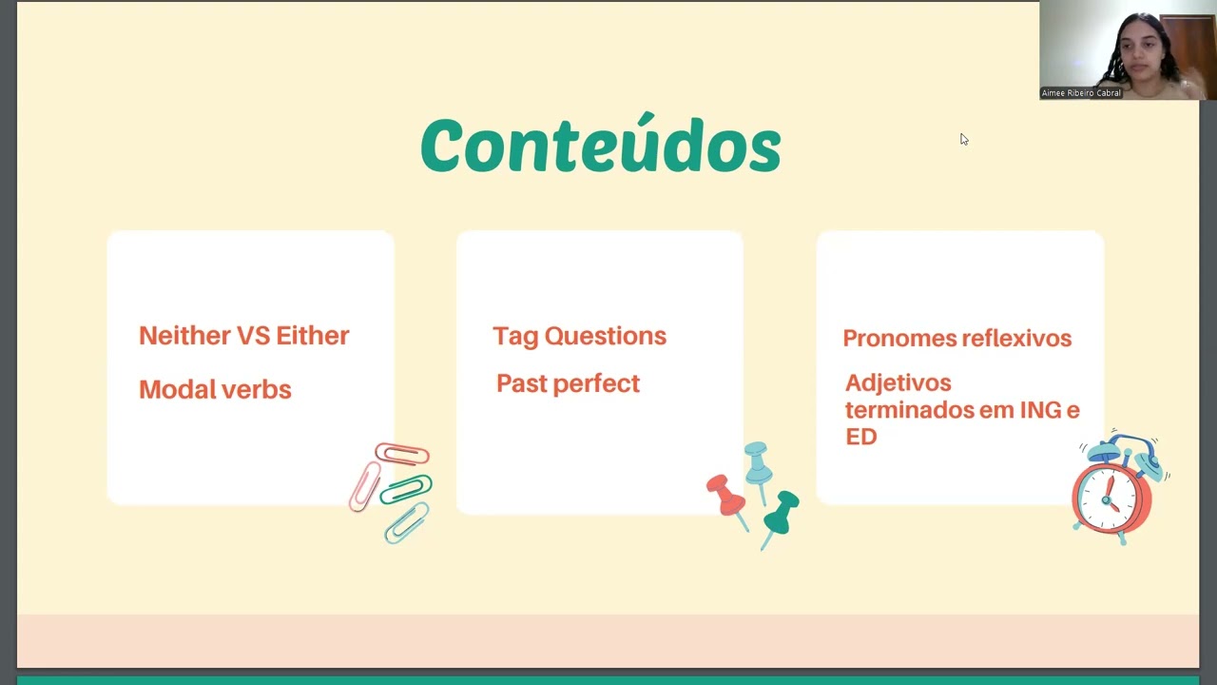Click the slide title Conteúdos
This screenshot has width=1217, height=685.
point(600,147)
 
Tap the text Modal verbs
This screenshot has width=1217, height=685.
point(215,389)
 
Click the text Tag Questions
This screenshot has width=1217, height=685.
point(579,336)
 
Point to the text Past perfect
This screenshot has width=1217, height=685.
point(568,383)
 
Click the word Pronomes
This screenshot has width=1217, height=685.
point(898,339)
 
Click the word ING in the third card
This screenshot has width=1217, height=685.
point(1040,410)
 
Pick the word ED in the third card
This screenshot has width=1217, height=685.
point(860,437)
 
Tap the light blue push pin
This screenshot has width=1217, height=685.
point(758,463)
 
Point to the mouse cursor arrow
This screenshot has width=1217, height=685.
point(963,139)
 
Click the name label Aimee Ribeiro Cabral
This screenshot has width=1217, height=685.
point(1081,93)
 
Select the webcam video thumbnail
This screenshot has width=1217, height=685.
point(1127,49)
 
